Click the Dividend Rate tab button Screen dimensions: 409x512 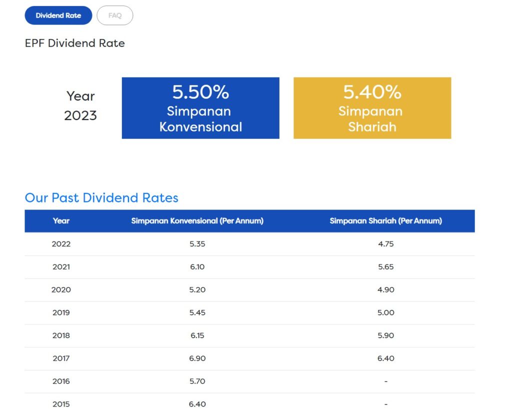58,15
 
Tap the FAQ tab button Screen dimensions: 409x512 115,15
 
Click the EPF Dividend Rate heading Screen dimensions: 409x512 75,43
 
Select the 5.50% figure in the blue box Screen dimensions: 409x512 200,92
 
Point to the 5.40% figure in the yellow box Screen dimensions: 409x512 372,92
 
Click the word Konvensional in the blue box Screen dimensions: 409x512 200,127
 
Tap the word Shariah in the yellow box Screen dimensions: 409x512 372,127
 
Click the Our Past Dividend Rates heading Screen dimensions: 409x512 101,197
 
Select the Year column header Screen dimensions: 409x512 61,220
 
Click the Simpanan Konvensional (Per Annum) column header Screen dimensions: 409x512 197,220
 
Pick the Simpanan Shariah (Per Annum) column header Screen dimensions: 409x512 385,220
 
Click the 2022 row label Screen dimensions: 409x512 61,244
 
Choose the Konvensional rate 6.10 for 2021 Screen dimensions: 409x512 197,267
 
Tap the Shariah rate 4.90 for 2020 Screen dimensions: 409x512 385,290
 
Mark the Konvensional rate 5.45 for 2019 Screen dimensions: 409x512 197,313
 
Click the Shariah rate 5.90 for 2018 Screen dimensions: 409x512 385,335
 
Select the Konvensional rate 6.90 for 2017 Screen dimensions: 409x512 197,358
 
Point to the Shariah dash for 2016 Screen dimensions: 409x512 385,381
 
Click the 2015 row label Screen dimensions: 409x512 61,404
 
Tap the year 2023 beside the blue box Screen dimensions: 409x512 80,115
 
